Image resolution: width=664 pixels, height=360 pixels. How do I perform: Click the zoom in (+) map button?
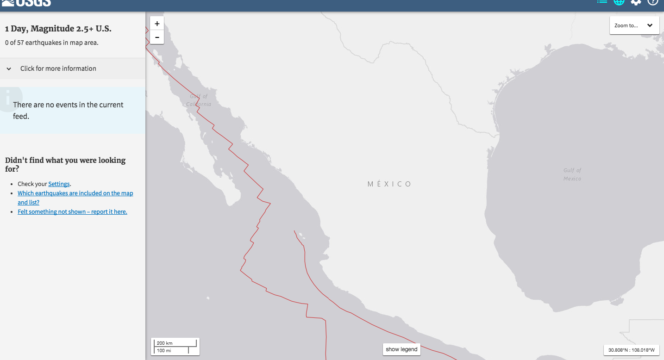click(x=157, y=24)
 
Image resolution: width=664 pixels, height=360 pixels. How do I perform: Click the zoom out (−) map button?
click(x=157, y=37)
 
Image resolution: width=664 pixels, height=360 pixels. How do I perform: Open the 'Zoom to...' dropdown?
click(x=634, y=25)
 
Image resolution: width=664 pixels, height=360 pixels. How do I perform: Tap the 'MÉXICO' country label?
click(x=389, y=184)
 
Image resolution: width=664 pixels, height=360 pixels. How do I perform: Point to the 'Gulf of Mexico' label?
click(x=572, y=174)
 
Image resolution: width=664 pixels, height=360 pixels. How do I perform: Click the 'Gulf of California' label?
click(x=199, y=100)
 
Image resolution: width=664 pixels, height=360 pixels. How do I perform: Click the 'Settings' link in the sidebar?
click(x=59, y=184)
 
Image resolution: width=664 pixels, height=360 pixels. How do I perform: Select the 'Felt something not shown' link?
click(x=72, y=211)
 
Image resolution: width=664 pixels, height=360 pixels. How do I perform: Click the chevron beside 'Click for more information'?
click(x=9, y=68)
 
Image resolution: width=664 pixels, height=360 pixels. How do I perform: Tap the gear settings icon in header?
click(x=636, y=2)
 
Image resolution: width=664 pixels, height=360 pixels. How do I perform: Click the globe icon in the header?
click(x=619, y=2)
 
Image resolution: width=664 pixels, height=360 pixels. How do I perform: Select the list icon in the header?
click(x=602, y=2)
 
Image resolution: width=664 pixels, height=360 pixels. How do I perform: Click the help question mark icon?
click(x=652, y=2)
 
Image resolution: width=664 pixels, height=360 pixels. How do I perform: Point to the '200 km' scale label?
click(x=164, y=343)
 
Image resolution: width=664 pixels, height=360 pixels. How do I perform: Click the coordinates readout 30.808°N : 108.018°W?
click(x=631, y=350)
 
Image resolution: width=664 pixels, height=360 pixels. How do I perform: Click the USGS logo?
click(x=27, y=3)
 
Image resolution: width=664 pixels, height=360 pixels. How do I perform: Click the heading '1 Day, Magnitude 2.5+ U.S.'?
click(x=58, y=29)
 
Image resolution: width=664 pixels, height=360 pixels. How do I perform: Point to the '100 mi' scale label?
click(x=164, y=351)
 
